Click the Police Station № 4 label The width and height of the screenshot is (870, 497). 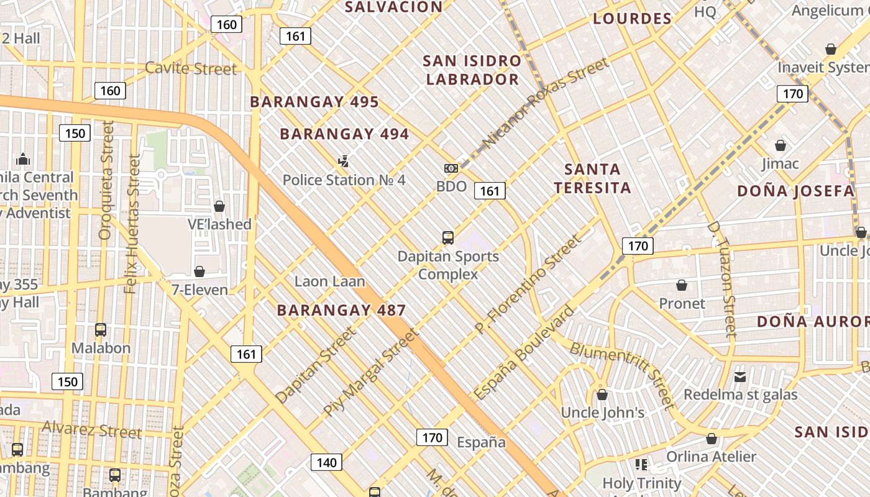point(344,180)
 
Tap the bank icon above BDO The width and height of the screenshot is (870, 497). point(451,168)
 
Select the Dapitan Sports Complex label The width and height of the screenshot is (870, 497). point(448,265)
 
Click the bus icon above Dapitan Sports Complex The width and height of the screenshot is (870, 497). point(448,237)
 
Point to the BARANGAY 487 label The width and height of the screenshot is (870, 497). point(341,310)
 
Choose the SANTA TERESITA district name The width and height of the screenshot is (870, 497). point(593,178)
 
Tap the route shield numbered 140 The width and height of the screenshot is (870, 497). point(326,462)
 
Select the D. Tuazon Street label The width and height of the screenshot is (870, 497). point(721,280)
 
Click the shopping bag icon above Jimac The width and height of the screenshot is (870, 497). point(781,145)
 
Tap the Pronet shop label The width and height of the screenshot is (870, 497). point(682,303)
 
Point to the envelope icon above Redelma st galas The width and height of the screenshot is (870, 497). point(740,377)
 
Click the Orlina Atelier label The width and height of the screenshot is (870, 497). point(712,457)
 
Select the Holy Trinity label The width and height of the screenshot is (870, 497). point(642,483)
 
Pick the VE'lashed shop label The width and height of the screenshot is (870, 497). point(219,224)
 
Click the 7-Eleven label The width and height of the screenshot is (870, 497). point(199,290)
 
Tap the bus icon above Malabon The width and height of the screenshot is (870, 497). point(101,330)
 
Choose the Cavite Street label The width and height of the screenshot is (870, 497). point(191,68)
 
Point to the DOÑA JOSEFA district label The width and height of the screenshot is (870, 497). point(796,191)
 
